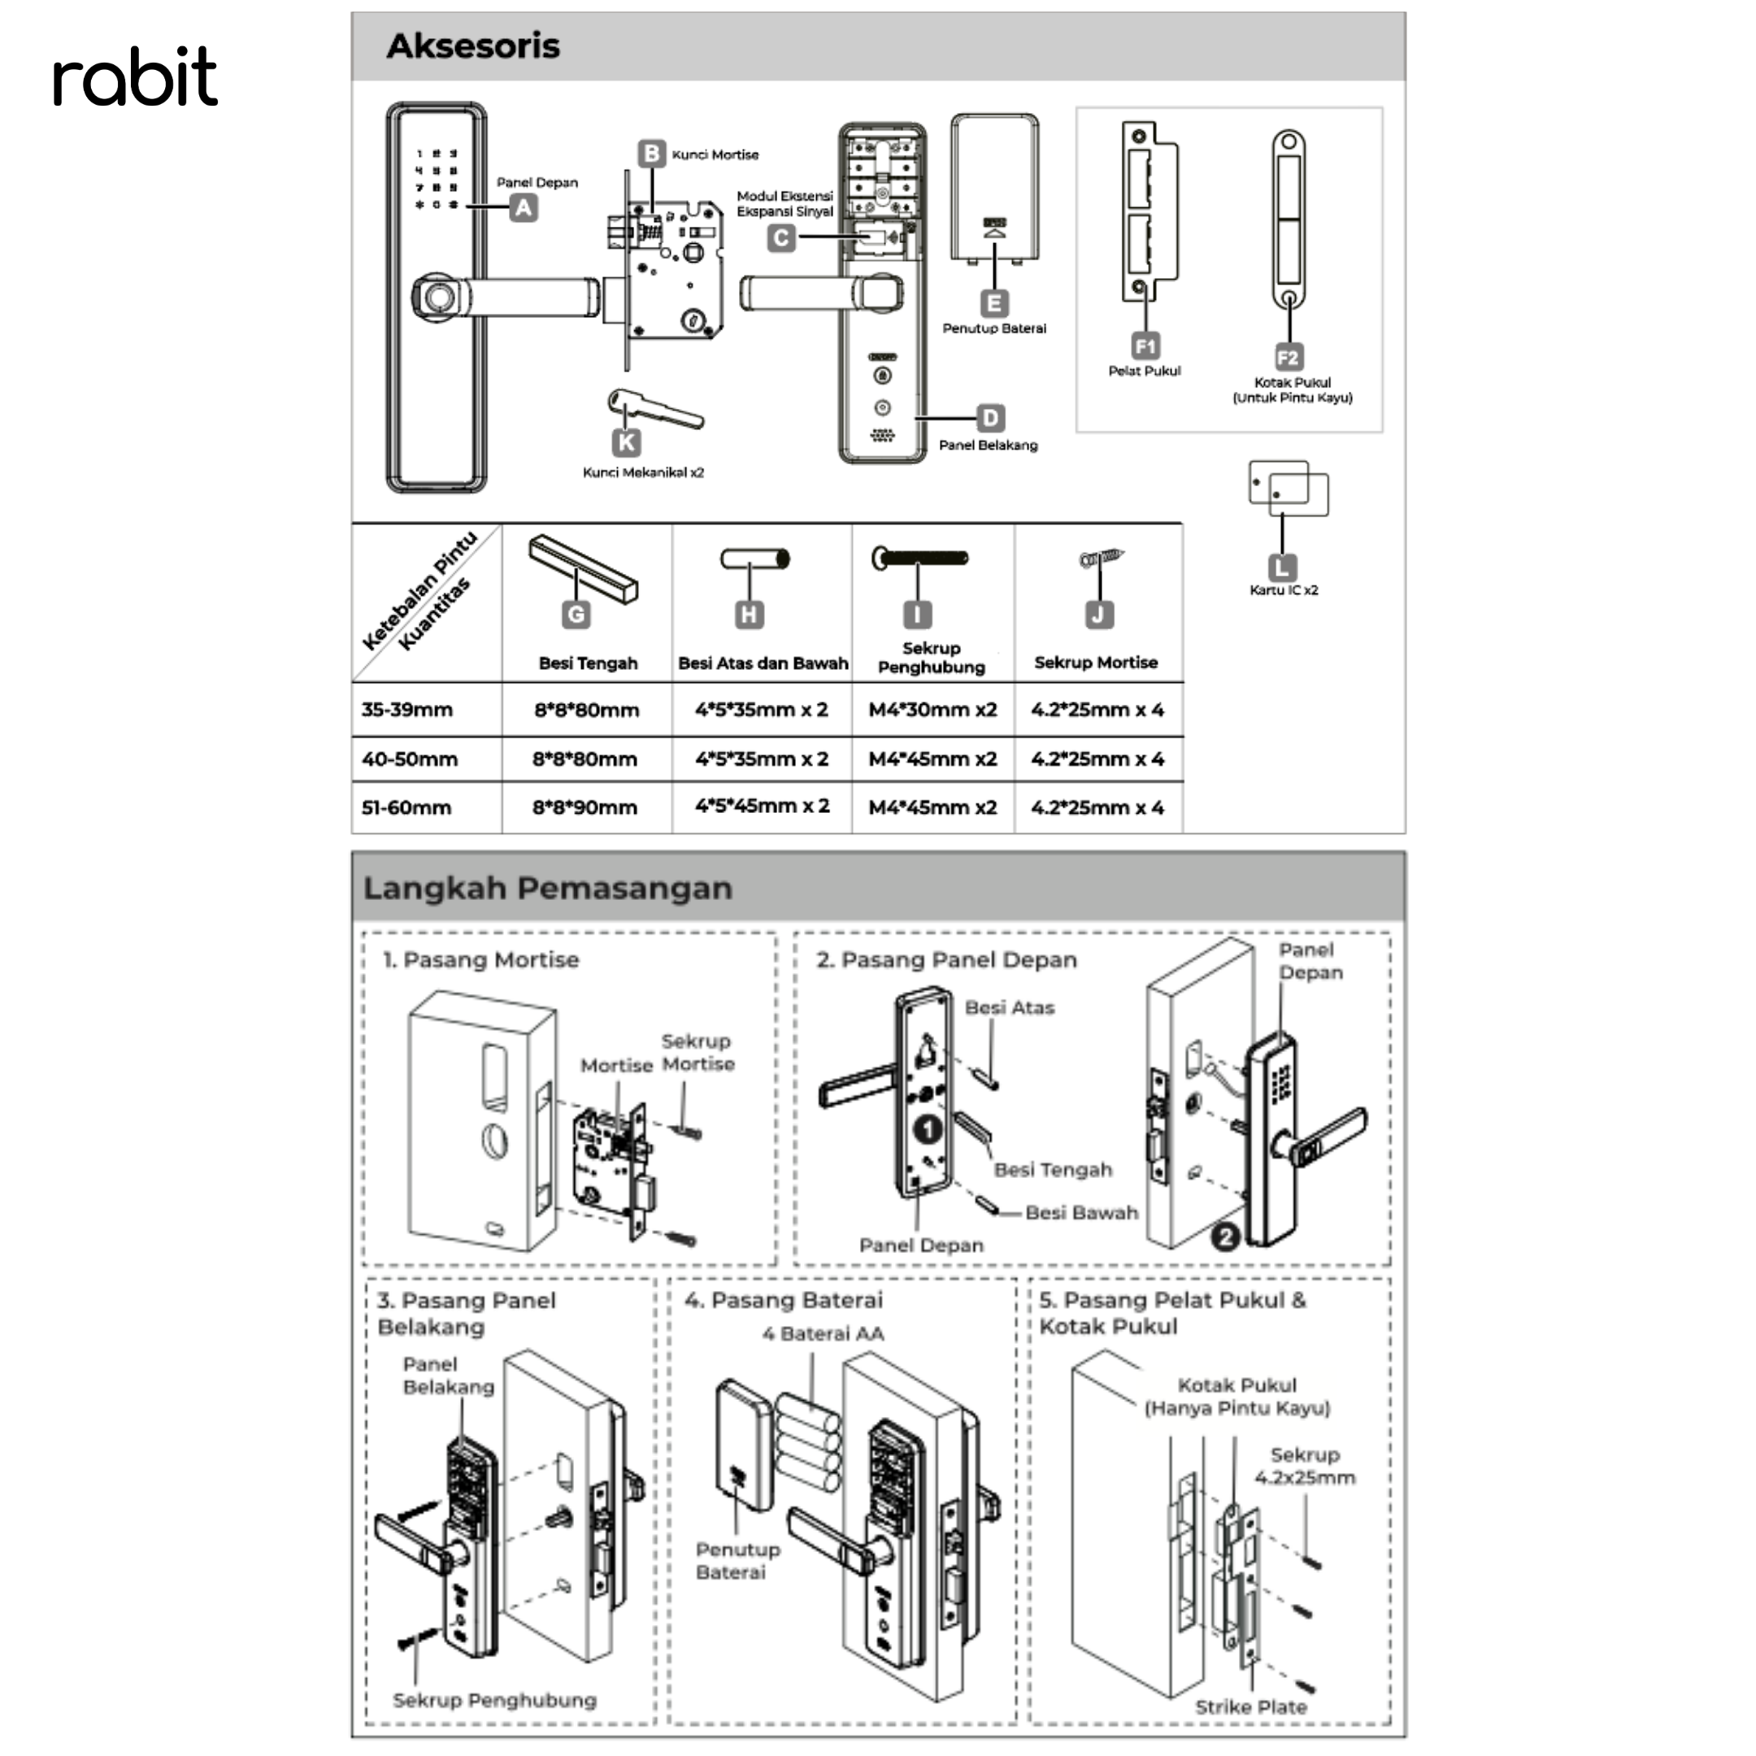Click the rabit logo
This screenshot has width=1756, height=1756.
(136, 76)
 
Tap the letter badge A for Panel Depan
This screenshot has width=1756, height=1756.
(523, 208)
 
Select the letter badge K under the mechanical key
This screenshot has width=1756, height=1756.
(626, 441)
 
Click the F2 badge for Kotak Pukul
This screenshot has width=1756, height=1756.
(1288, 356)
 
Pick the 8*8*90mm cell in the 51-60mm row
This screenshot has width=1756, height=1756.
(585, 807)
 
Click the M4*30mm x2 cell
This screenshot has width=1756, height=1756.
(932, 710)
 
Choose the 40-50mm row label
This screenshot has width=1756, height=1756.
(410, 759)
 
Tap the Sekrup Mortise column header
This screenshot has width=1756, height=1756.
(1096, 663)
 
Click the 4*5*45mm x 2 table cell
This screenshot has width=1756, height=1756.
(763, 806)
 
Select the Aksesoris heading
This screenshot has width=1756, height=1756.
(473, 46)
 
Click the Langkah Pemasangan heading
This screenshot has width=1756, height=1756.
(547, 888)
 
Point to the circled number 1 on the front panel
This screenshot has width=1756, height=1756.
(927, 1130)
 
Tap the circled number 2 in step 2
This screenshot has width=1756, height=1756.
(1225, 1237)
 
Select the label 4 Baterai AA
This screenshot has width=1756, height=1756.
(823, 1333)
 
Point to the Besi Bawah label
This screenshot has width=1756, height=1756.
(1081, 1212)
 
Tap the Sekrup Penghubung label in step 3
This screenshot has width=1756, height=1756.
(494, 1700)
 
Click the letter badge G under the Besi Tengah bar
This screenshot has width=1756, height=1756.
(576, 615)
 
